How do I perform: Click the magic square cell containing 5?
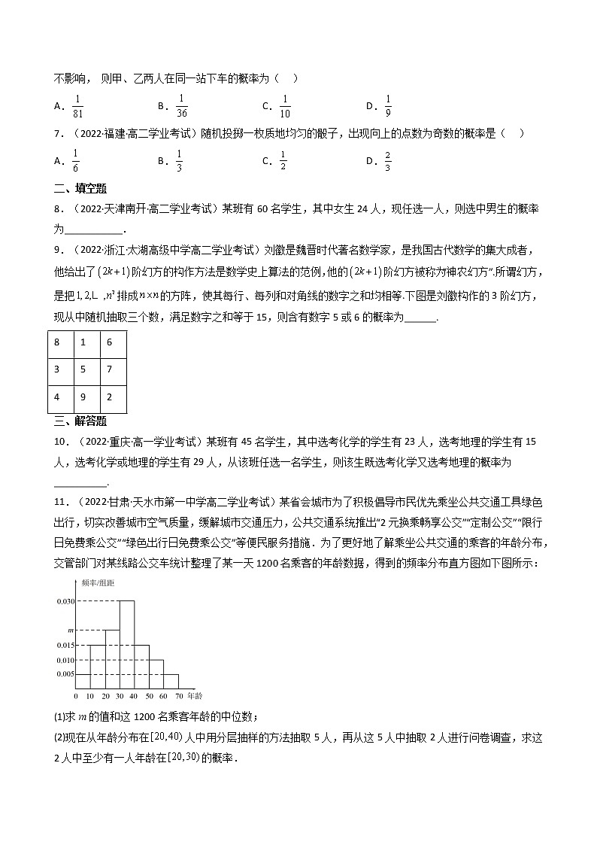(x=87, y=369)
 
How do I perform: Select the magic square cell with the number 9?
(x=87, y=397)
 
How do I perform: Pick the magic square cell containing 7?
(x=113, y=369)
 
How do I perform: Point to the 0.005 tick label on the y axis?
(x=65, y=673)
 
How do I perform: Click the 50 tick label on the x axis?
(x=150, y=695)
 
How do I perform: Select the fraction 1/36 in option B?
(x=181, y=105)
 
